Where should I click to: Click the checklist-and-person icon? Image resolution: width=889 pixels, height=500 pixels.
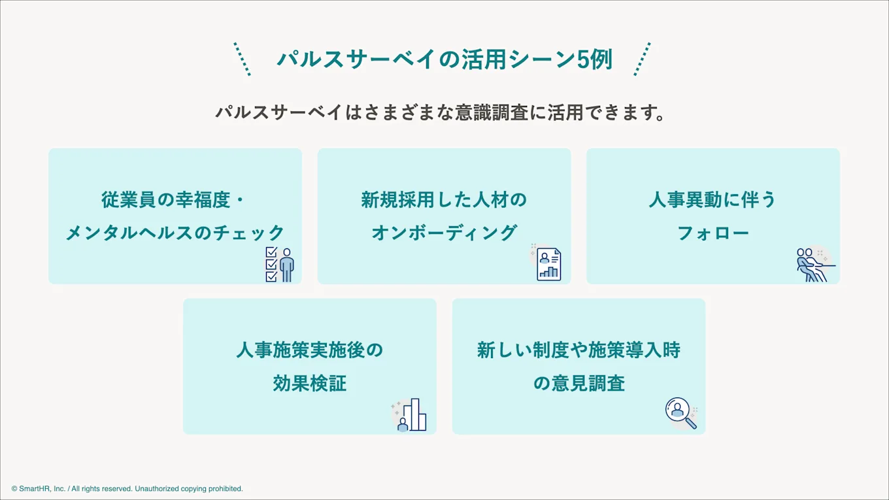pyautogui.click(x=280, y=264)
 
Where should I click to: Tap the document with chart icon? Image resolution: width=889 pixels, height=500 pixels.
pyautogui.click(x=548, y=264)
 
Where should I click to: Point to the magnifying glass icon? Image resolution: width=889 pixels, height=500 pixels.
pyautogui.click(x=680, y=413)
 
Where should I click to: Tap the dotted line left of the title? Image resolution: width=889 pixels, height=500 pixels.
pyautogui.click(x=242, y=59)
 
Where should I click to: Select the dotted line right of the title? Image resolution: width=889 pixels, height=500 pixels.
pyautogui.click(x=642, y=59)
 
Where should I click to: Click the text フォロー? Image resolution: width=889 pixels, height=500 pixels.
pyautogui.click(x=713, y=233)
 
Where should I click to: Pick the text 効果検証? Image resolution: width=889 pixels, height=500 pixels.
pyautogui.click(x=309, y=383)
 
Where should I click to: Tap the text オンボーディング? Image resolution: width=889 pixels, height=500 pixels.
pyautogui.click(x=444, y=233)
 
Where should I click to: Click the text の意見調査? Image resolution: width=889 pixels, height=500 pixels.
pyautogui.click(x=579, y=383)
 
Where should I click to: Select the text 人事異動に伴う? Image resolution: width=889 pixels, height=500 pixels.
pyautogui.click(x=713, y=199)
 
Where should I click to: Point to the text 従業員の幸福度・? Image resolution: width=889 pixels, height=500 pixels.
pyautogui.click(x=175, y=199)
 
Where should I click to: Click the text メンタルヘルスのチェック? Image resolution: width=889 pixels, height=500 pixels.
pyautogui.click(x=175, y=233)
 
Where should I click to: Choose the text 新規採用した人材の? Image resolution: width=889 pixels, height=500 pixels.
pyautogui.click(x=444, y=199)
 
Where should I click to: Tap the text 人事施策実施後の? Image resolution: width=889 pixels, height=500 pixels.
pyautogui.click(x=309, y=350)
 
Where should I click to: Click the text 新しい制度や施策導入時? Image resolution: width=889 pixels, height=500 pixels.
pyautogui.click(x=579, y=350)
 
